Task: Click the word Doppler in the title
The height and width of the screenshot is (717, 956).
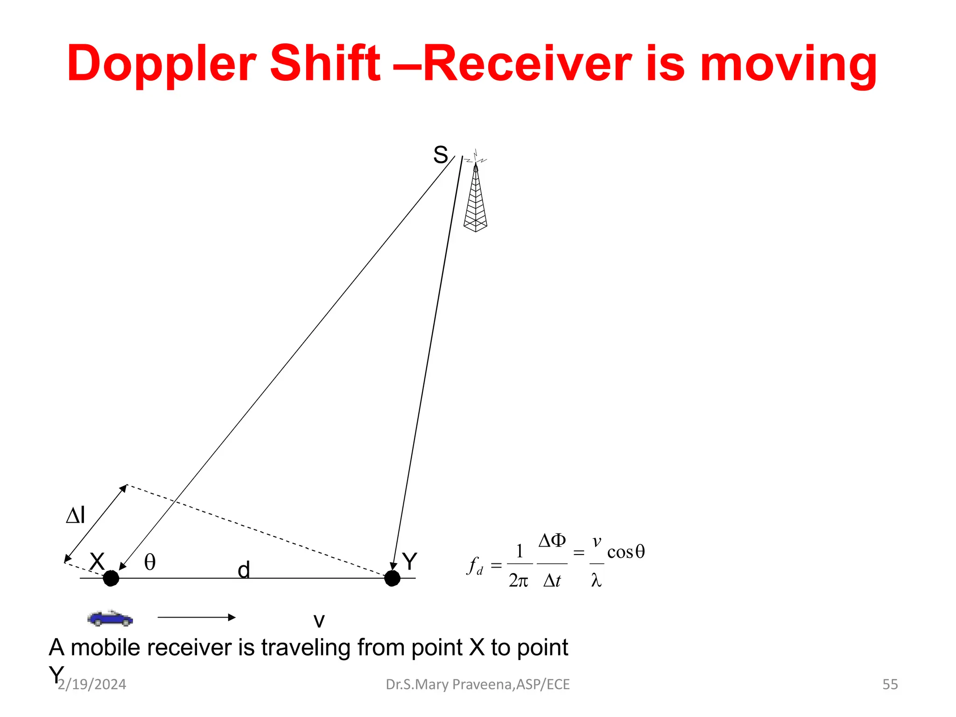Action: [x=162, y=64]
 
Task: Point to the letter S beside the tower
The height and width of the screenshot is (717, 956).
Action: [x=440, y=155]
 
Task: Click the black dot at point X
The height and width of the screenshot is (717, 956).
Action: [x=111, y=578]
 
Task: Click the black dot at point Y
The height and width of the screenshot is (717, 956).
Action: [x=392, y=578]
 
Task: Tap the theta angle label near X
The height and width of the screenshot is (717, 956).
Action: [x=150, y=562]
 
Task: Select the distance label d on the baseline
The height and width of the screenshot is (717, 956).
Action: [x=244, y=570]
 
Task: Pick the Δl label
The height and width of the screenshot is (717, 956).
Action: [x=76, y=515]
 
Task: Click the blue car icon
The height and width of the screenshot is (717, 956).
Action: [x=110, y=618]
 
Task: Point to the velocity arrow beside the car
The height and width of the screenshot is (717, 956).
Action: [x=196, y=617]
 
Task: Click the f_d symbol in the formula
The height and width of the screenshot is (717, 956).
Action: [x=475, y=566]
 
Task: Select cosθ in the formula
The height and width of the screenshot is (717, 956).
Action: [x=626, y=552]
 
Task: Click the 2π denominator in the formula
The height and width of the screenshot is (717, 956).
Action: [x=519, y=580]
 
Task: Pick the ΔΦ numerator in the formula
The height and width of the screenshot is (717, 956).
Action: [x=552, y=541]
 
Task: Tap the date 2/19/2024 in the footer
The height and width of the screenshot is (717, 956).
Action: [x=92, y=684]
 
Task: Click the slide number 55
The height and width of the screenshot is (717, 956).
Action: [x=890, y=684]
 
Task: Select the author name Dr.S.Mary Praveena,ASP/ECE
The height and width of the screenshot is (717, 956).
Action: [x=478, y=684]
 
